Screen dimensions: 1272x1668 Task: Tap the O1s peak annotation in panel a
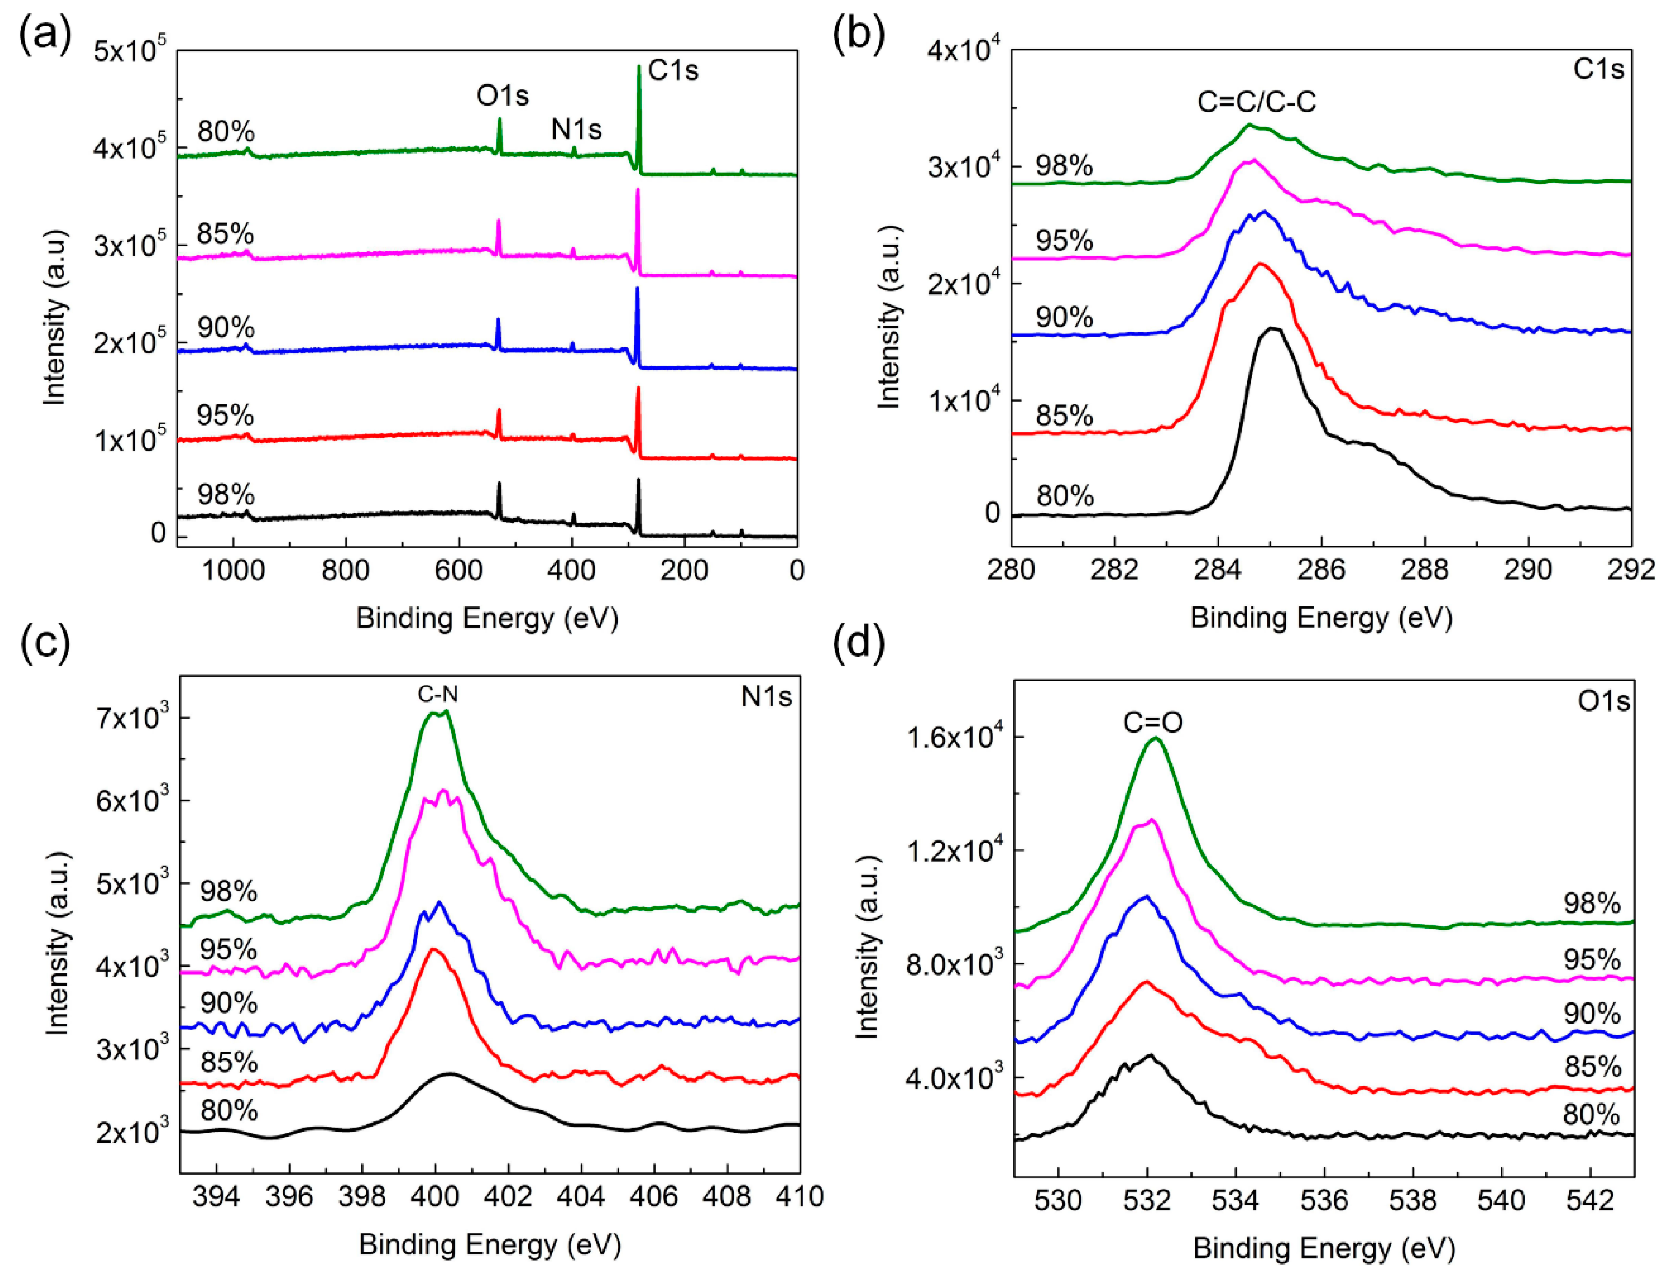tap(502, 96)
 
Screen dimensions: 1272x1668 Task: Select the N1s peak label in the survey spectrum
tap(576, 130)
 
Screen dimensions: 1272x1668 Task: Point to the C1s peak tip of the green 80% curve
tap(639, 67)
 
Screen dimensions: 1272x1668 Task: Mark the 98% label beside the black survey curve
tap(226, 494)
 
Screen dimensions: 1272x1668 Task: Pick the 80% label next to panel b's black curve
tap(1065, 497)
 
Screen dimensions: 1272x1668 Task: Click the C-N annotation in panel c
tap(438, 693)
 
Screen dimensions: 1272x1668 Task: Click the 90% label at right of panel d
tap(1592, 1014)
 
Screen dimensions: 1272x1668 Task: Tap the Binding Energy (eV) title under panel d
tap(1323, 1248)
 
